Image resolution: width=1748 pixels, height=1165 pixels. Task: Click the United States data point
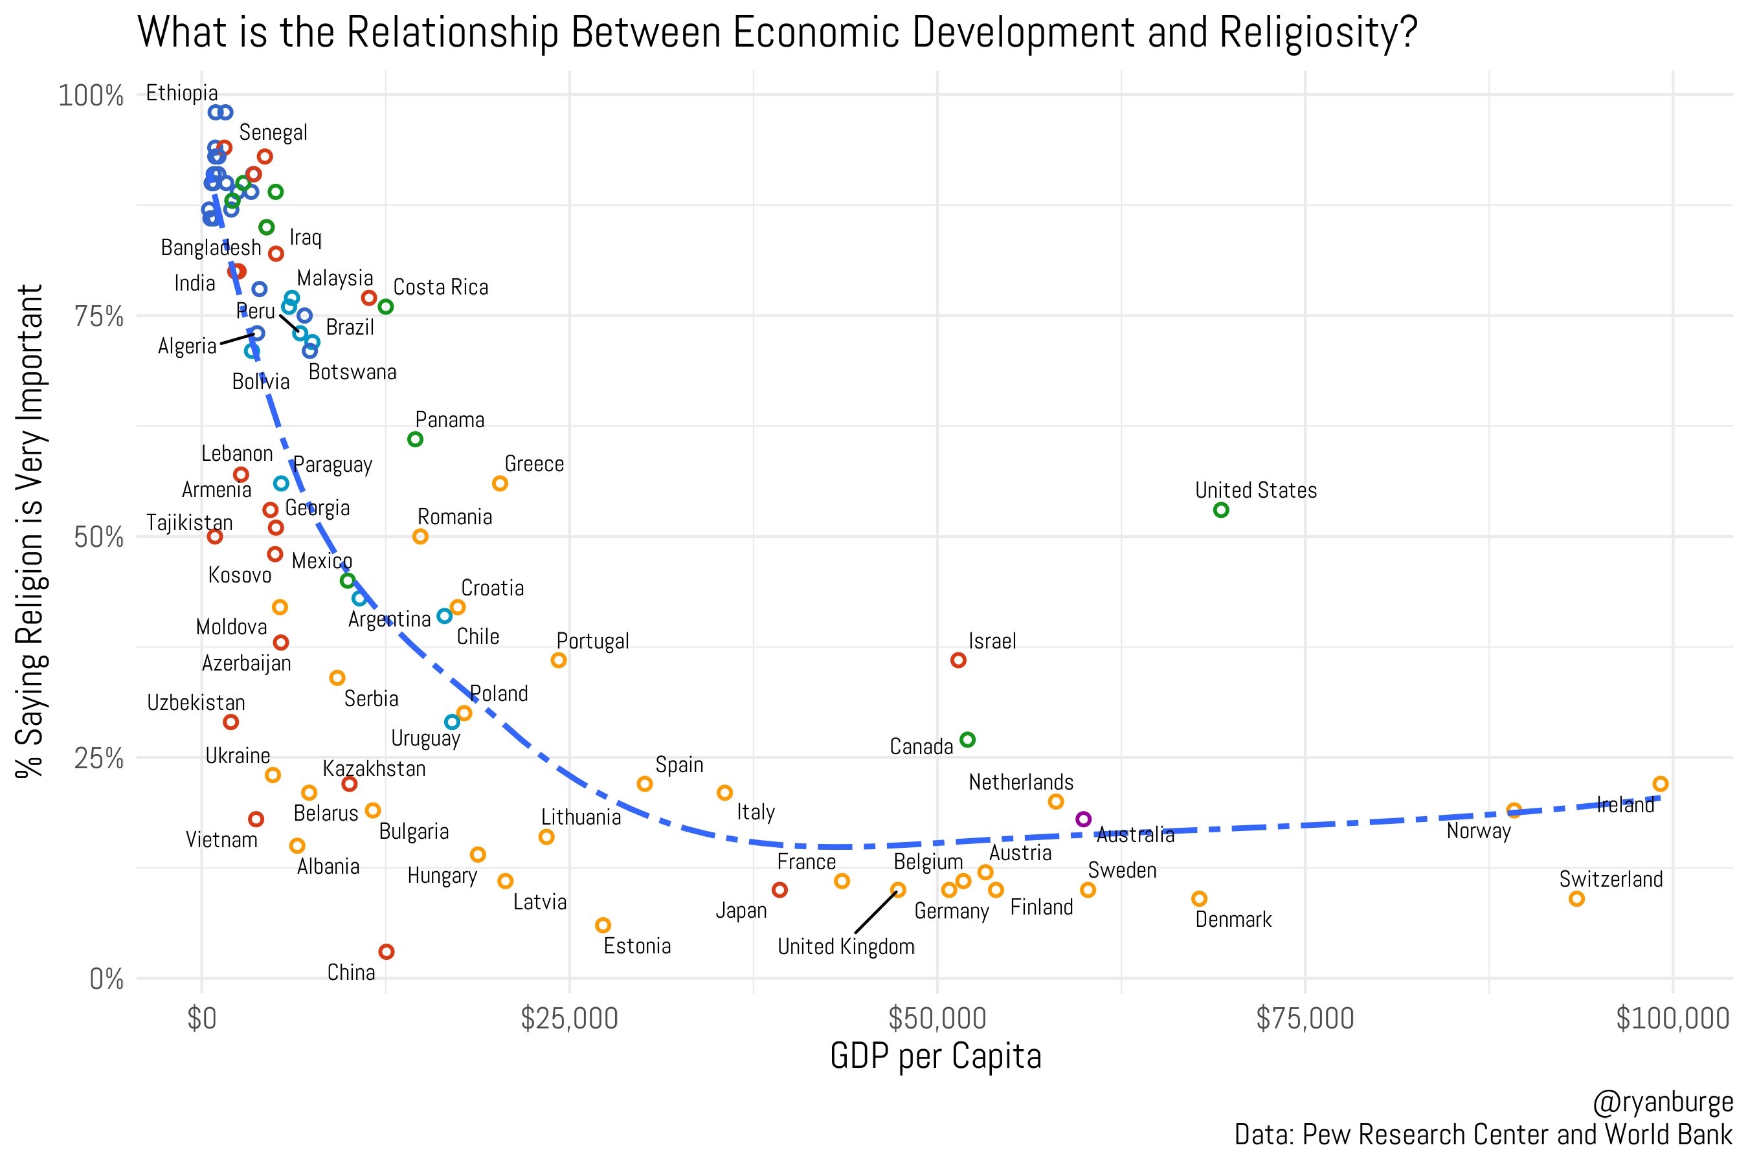1220,510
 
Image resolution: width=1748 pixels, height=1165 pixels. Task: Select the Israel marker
958,660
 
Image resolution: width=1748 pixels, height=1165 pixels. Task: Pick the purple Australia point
1083,819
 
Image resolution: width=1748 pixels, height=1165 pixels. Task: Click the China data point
386,952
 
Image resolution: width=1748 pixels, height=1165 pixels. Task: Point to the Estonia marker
603,925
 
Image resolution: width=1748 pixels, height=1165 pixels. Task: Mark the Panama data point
415,439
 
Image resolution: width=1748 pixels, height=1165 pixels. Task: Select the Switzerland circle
1576,898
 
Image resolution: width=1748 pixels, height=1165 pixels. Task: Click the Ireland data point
1661,784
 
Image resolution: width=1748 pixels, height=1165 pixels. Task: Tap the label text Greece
533,464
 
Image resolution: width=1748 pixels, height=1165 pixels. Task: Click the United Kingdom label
846,946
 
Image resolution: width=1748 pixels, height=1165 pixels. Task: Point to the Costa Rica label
440,287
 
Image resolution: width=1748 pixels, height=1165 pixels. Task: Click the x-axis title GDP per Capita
935,1056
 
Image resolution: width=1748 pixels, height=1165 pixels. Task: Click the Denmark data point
1199,898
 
